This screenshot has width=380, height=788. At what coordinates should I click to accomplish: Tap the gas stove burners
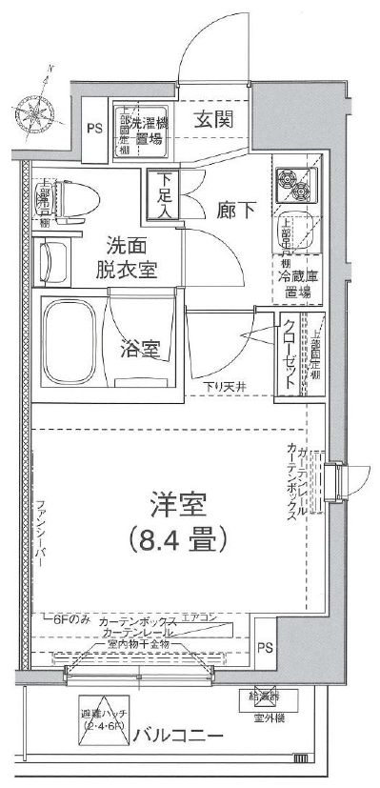pyautogui.click(x=296, y=184)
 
